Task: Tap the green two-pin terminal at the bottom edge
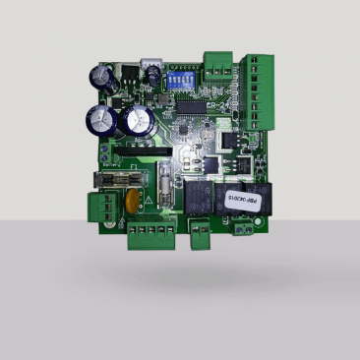tap(200, 233)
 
